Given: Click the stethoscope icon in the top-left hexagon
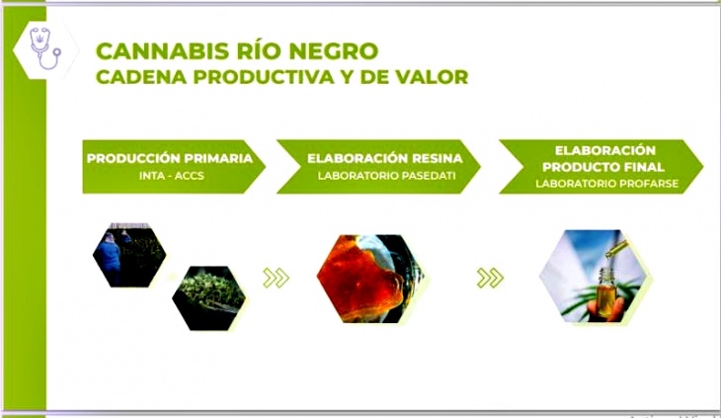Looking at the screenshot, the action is pyautogui.click(x=45, y=48).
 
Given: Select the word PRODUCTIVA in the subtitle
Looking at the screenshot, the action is pyautogui.click(x=264, y=77).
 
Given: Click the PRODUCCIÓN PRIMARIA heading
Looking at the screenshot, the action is pyautogui.click(x=170, y=158).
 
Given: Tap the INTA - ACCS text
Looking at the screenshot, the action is pyautogui.click(x=172, y=176).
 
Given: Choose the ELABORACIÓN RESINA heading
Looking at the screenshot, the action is pyautogui.click(x=385, y=158).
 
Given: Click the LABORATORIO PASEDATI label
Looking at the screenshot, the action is pyautogui.click(x=386, y=176).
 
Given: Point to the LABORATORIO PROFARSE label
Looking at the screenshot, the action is pyautogui.click(x=606, y=184).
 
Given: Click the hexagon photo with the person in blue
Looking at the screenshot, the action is pyautogui.click(x=129, y=255).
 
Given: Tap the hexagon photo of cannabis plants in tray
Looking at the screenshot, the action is pyautogui.click(x=209, y=297).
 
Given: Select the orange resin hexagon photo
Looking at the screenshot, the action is pyautogui.click(x=370, y=279).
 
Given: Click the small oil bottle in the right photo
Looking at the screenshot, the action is pyautogui.click(x=607, y=293).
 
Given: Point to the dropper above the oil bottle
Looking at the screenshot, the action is pyautogui.click(x=615, y=249).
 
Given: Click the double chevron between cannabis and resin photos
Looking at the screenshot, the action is pyautogui.click(x=276, y=278).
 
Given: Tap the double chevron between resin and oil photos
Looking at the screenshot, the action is pyautogui.click(x=490, y=278).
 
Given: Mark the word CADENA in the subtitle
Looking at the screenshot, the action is pyautogui.click(x=141, y=77).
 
